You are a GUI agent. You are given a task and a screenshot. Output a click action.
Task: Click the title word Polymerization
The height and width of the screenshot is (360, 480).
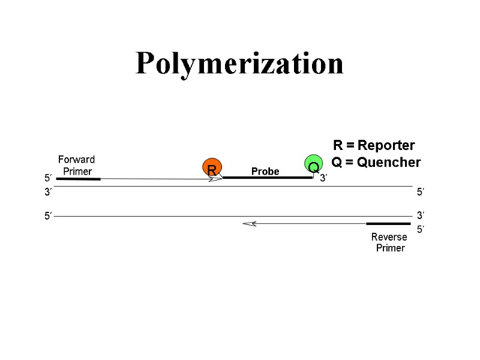239,64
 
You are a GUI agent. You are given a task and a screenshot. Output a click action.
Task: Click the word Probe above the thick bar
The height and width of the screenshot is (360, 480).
265,172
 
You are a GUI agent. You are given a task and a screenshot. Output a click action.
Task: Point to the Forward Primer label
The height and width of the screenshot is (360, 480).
76,166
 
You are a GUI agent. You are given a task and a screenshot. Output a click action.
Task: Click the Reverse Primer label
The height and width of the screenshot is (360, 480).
389,242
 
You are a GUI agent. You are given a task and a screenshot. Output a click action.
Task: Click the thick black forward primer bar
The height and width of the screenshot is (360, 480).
78,178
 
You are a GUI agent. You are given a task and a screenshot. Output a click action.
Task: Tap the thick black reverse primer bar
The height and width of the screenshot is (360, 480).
388,224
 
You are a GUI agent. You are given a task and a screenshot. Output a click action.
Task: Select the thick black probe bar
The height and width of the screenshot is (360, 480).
268,178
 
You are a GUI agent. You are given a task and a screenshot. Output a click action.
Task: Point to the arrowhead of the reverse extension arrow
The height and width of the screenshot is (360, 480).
248,224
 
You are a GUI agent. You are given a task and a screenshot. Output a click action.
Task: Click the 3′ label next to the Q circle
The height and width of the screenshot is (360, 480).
323,178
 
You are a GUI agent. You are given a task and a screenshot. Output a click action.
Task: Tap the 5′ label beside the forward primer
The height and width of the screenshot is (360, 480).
48,178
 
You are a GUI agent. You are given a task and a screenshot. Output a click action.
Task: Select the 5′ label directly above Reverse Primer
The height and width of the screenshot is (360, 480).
421,229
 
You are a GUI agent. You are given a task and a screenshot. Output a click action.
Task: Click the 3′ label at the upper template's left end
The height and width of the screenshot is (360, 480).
48,192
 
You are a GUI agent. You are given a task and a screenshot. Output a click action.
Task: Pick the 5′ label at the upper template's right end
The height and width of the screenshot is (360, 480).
421,192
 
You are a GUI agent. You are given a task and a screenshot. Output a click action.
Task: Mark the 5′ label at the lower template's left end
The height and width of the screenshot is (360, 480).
48,216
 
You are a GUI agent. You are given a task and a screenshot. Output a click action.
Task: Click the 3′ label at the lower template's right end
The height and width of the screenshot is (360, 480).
421,215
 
